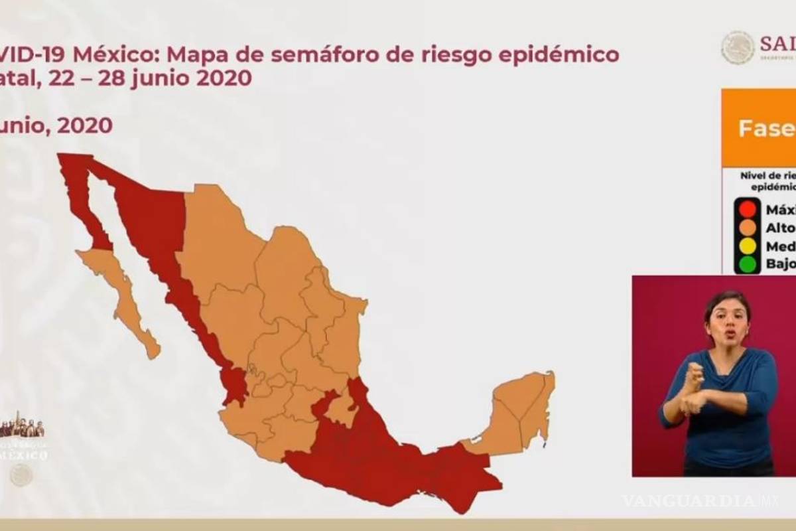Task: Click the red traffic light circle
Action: (x=748, y=208)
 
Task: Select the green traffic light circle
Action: (x=748, y=264)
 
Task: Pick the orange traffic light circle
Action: (x=748, y=228)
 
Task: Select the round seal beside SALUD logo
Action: (x=738, y=48)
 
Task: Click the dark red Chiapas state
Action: (x=464, y=475)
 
